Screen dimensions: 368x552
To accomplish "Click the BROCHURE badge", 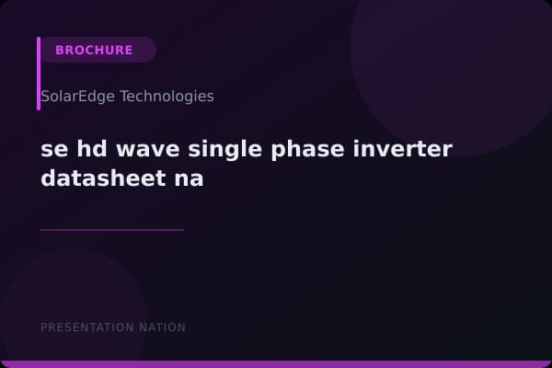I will (x=95, y=50).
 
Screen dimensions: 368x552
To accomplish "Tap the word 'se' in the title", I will (x=53, y=149).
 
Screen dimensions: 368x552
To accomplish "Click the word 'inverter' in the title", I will (x=407, y=149).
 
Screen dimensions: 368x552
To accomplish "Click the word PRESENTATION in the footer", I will (x=86, y=328).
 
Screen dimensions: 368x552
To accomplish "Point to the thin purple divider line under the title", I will (x=111, y=230).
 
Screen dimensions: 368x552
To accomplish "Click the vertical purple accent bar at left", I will (x=39, y=74).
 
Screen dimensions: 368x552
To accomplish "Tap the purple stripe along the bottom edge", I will (x=276, y=363).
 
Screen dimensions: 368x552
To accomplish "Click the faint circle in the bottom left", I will (x=64, y=313).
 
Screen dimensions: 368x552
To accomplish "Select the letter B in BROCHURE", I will (x=60, y=50).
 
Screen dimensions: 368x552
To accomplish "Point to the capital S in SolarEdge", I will (x=45, y=96).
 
